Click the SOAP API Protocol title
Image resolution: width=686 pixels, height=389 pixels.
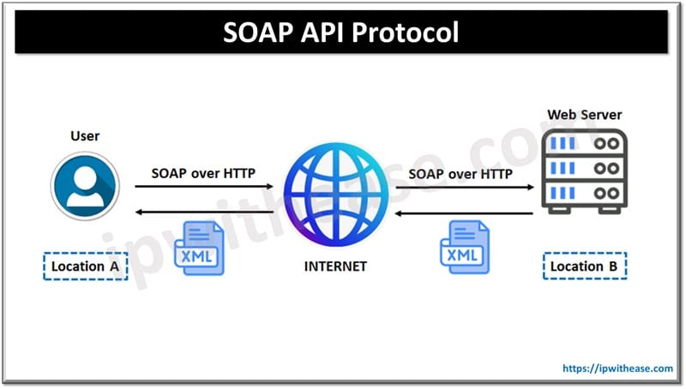(x=341, y=33)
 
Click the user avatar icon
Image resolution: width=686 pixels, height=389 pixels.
(x=85, y=185)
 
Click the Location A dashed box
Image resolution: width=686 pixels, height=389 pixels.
(x=85, y=266)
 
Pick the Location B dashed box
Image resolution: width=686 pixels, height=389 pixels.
(x=584, y=266)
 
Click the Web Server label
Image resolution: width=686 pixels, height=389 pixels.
(x=584, y=114)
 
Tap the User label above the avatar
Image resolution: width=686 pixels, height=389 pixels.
(x=85, y=135)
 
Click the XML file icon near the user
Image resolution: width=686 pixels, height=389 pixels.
(x=200, y=248)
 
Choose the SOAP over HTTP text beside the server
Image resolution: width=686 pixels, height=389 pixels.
(x=460, y=175)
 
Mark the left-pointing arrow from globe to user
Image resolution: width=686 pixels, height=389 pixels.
(x=202, y=211)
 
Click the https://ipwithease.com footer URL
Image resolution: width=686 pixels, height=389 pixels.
(x=617, y=368)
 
